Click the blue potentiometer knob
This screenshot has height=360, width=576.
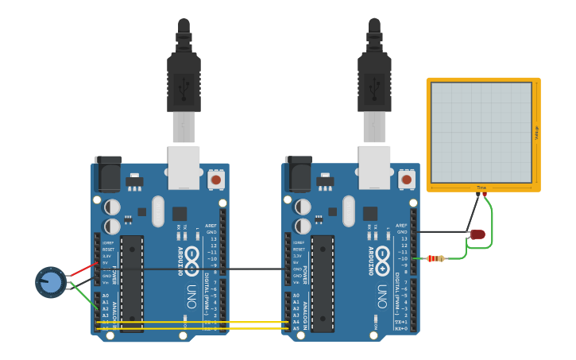pyautogui.click(x=50, y=282)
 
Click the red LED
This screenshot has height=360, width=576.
pyautogui.click(x=477, y=234)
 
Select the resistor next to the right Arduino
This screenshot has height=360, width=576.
pyautogui.click(x=435, y=258)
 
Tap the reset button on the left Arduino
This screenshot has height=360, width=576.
pyautogui.click(x=215, y=180)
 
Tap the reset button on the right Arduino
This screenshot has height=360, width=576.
pyautogui.click(x=406, y=180)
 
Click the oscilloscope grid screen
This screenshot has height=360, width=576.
pyautogui.click(x=481, y=132)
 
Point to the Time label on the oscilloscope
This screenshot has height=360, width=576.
pyautogui.click(x=481, y=188)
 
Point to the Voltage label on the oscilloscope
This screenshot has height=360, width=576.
pyautogui.click(x=536, y=132)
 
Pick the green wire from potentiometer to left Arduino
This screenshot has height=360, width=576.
pyautogui.click(x=84, y=297)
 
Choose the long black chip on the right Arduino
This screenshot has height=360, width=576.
pyautogui.click(x=323, y=283)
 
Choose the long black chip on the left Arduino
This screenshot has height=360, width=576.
pyautogui.click(x=132, y=283)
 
